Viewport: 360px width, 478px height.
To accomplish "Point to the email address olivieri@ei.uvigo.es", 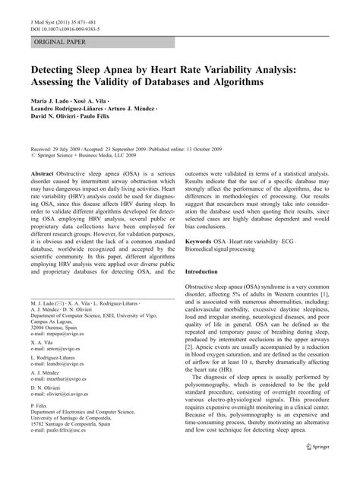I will pyautogui.click(x=64, y=448).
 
